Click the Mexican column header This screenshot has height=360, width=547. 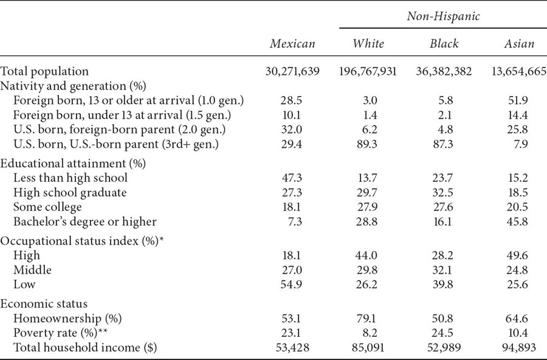(293, 44)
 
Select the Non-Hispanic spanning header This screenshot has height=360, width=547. (443, 17)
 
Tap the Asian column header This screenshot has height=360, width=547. (519, 44)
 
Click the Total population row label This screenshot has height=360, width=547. (44, 72)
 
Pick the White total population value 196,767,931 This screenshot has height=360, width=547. (368, 72)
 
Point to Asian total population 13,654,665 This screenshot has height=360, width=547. (518, 72)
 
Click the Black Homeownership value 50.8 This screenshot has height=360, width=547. (442, 318)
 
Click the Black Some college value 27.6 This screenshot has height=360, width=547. (442, 207)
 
